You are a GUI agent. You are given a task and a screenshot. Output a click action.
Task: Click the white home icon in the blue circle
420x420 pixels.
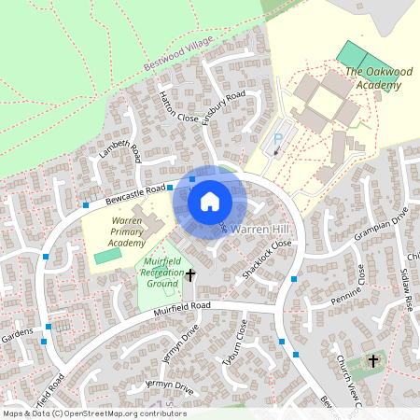(x=210, y=202)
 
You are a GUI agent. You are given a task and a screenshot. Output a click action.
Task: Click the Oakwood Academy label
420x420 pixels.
(x=372, y=78)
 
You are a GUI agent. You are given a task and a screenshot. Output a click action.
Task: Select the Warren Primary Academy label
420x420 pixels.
(x=114, y=231)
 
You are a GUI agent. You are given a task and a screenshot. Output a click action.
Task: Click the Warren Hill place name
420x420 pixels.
(x=263, y=229)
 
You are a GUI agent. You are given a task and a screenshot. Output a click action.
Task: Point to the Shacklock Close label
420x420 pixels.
(x=268, y=259)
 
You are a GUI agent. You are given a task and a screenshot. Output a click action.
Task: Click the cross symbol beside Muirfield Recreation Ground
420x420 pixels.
(x=191, y=275)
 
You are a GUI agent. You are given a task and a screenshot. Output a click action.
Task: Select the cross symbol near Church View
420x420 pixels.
(x=373, y=359)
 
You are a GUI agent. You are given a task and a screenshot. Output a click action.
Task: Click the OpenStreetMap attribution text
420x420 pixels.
(x=94, y=413)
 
